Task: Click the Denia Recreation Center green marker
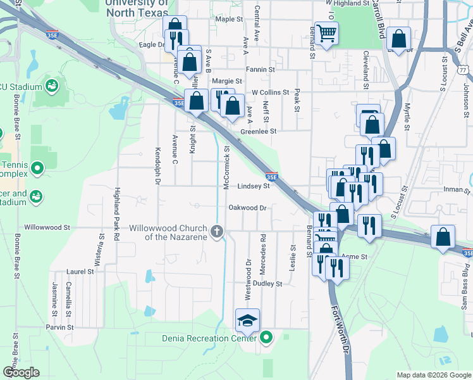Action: (x=266, y=338)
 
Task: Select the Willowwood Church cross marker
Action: (x=218, y=231)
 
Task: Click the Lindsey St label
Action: (x=254, y=186)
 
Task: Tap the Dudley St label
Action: (x=267, y=284)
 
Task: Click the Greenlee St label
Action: (x=259, y=132)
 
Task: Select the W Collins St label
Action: (x=270, y=92)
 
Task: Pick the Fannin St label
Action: (x=261, y=69)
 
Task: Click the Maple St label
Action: (x=230, y=20)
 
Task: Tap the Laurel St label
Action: (x=80, y=271)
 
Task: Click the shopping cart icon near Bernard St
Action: (x=326, y=32)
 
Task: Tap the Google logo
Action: (x=21, y=372)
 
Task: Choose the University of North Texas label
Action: (x=137, y=7)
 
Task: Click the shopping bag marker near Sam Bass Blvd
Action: (x=443, y=237)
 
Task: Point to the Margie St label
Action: (x=227, y=81)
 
